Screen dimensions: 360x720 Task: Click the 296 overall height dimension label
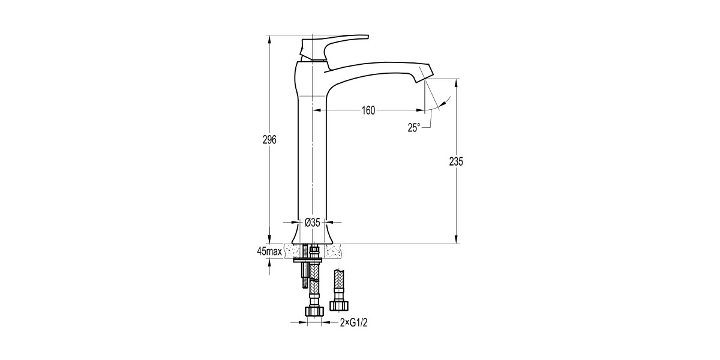269,140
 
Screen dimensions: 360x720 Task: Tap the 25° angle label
414,127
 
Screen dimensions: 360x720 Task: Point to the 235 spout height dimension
457,162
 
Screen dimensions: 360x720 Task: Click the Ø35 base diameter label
313,222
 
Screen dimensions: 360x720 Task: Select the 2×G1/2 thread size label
353,323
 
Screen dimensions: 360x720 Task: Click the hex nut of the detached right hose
338,305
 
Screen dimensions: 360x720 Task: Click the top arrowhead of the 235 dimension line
457,82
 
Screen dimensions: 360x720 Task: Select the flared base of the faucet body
313,234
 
